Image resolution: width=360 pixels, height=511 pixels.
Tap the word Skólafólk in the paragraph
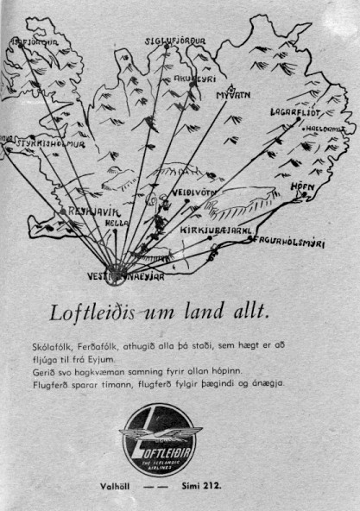coord(48,345)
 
